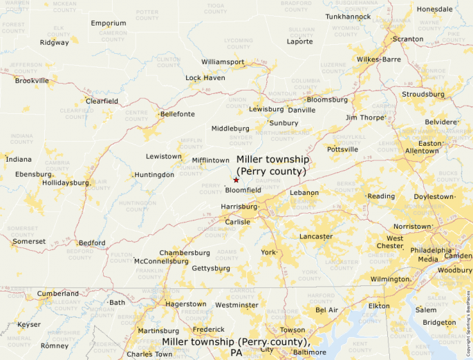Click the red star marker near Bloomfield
[236, 180]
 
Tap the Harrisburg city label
[239, 207]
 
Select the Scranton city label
[407, 39]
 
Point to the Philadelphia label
[434, 250]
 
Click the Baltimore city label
[309, 352]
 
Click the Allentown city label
[422, 151]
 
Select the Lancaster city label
[316, 236]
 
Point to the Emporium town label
[109, 23]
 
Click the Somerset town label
[29, 241]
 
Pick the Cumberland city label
[57, 294]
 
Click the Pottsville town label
[343, 149]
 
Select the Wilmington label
[390, 279]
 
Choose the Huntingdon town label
[155, 175]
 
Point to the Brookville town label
[33, 81]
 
